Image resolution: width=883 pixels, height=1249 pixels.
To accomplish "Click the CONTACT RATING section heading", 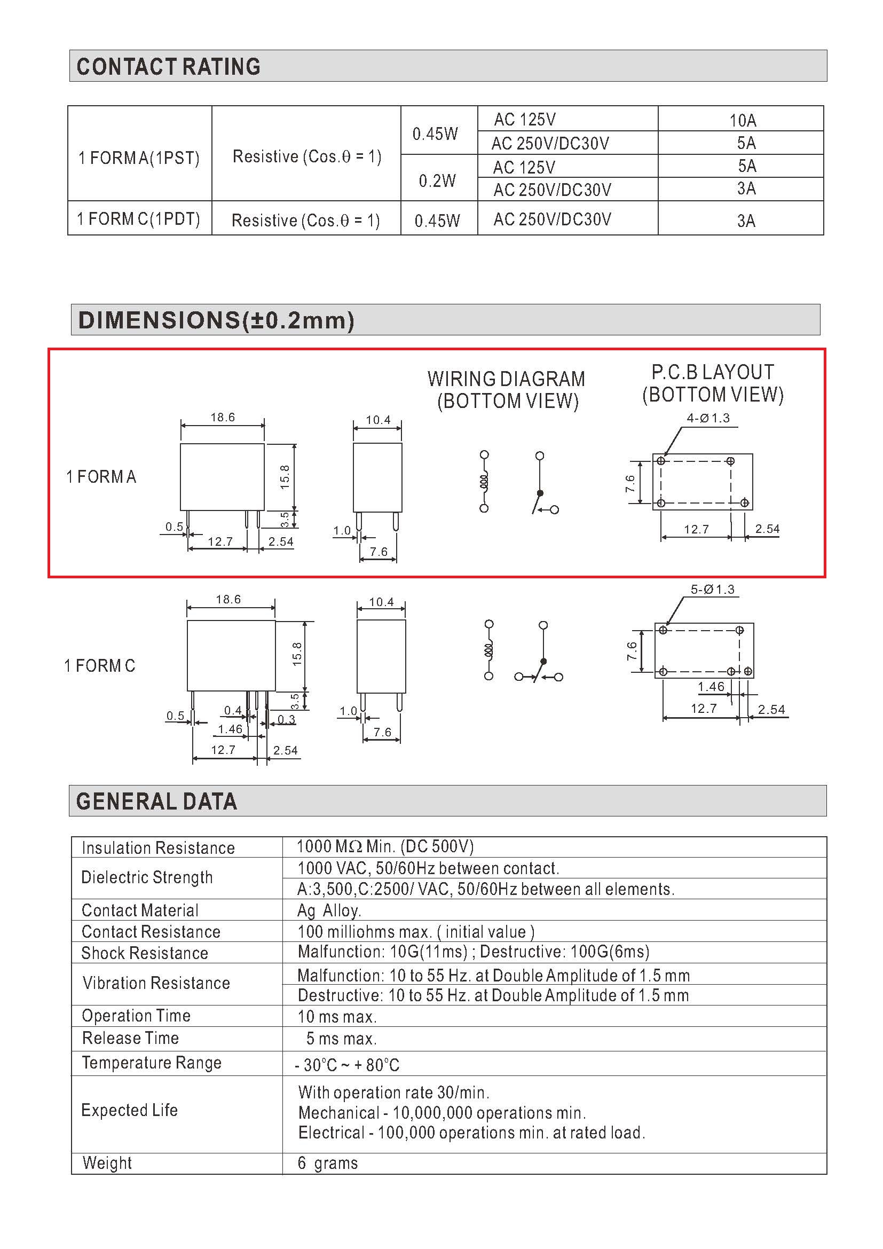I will coord(169,66).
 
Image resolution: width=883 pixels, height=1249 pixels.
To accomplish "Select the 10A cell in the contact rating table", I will coord(743,120).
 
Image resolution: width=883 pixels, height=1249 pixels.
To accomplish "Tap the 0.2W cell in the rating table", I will coord(437,180).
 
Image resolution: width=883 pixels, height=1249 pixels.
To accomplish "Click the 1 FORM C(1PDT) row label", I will coord(139,219).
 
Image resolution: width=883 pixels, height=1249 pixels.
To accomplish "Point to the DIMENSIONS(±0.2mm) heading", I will coord(216,320).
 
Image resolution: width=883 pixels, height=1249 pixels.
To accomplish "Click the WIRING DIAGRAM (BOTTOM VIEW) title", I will coord(507,389).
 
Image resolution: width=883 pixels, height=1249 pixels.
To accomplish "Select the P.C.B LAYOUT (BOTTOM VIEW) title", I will coord(713,383).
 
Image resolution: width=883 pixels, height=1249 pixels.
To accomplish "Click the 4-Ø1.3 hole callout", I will coord(708,418).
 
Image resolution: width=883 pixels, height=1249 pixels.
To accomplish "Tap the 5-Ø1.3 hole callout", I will coord(712,589).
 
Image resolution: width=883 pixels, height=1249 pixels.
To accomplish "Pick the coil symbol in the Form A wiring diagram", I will coord(484,482).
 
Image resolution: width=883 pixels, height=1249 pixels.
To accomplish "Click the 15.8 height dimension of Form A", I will coord(286,477).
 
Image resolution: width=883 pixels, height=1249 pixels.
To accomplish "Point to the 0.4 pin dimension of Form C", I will coord(233,710).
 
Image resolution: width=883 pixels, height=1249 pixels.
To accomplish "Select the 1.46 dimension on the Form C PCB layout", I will coord(711,687).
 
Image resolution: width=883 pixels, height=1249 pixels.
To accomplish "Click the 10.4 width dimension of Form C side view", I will coord(381,602).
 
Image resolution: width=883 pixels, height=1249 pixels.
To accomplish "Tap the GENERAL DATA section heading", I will coord(156,802).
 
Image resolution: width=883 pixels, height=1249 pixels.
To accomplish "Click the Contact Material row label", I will coord(140,910).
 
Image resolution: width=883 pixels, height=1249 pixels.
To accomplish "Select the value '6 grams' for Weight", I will coord(328,1162).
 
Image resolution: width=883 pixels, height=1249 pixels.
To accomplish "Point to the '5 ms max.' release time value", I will coord(341,1039).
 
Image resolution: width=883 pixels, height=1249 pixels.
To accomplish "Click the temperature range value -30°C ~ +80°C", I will coord(348,1065).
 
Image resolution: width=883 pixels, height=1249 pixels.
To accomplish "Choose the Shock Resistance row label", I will coord(145,953).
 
